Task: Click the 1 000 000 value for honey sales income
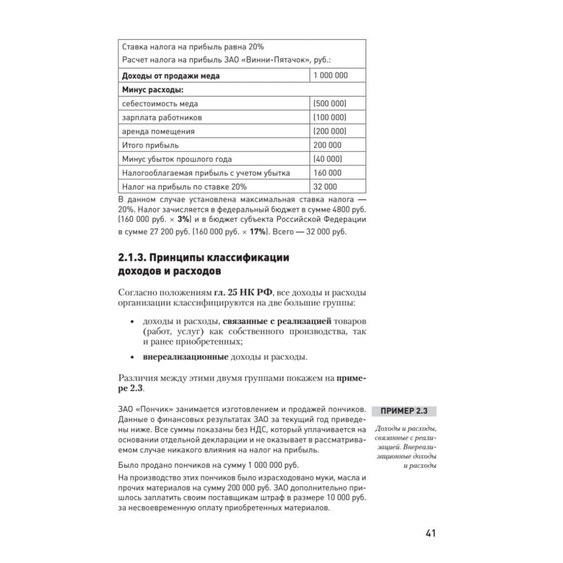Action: point(331,75)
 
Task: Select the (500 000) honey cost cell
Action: point(330,104)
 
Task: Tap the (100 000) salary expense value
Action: point(330,118)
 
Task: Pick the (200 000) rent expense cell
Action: point(330,131)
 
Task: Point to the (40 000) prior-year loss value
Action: point(328,159)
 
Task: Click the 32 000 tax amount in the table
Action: point(326,187)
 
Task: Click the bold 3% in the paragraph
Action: point(183,218)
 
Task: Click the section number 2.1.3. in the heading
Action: point(133,258)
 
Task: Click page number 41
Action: point(431,533)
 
